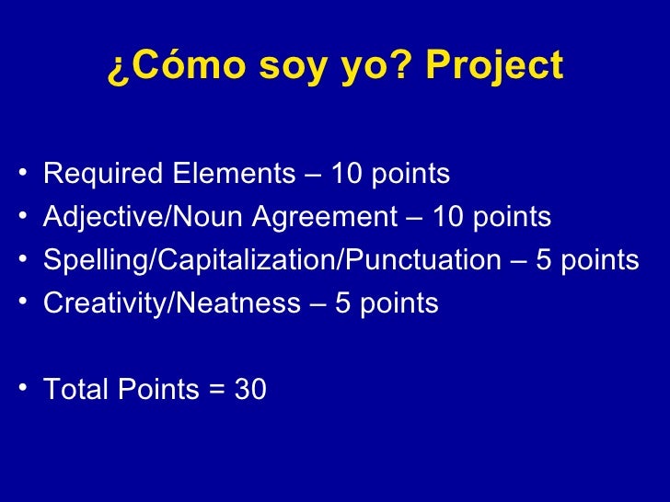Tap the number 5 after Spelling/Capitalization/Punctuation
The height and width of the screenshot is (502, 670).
click(x=544, y=260)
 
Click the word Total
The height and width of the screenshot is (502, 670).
click(x=76, y=390)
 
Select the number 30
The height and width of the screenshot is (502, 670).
click(x=250, y=390)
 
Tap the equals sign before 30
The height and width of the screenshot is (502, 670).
click(x=217, y=391)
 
